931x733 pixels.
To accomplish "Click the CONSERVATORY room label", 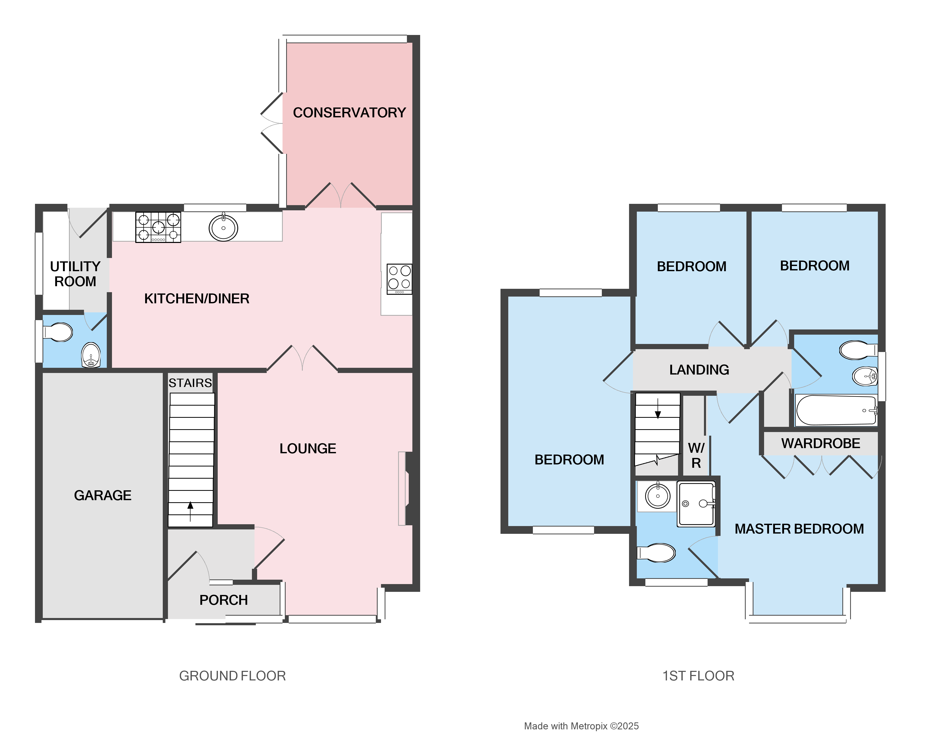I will click(349, 112).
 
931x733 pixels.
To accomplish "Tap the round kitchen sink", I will click(223, 228).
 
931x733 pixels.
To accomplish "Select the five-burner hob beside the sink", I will click(158, 227).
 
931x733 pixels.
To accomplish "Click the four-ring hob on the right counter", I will click(399, 279).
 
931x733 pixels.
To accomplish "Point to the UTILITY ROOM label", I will click(75, 274).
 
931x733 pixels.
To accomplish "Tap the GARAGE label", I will click(103, 495).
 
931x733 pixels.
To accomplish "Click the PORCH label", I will click(223, 600).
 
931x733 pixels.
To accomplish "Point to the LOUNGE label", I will click(307, 448).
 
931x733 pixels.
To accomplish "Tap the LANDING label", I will click(699, 370).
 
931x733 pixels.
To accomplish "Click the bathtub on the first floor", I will click(836, 410).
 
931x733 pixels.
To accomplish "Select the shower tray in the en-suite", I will click(696, 504).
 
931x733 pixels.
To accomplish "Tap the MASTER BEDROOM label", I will click(799, 529).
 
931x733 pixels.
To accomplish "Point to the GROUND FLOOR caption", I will click(232, 676).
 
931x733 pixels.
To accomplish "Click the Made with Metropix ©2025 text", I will click(581, 726).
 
